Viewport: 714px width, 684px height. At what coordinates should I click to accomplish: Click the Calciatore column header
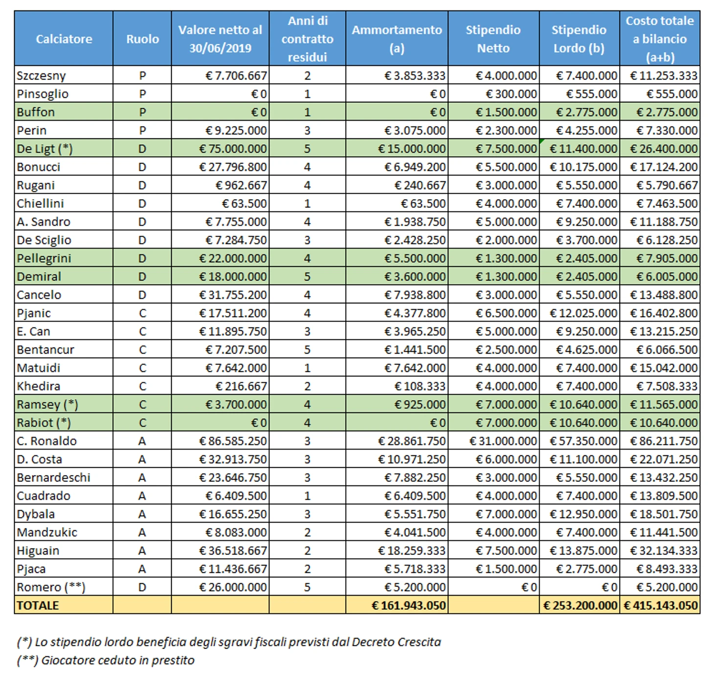(x=64, y=39)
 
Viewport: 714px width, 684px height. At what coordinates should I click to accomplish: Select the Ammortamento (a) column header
(x=397, y=39)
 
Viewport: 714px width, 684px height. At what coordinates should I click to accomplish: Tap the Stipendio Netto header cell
(x=493, y=39)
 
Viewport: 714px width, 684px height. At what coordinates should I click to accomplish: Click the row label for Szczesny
(x=41, y=76)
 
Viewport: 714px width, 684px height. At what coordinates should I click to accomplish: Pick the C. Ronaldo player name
(x=46, y=441)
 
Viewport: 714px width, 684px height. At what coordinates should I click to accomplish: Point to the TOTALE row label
(x=38, y=605)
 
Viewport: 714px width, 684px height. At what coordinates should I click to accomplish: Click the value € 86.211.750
(x=664, y=441)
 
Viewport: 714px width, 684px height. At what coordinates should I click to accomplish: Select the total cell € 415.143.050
(x=661, y=605)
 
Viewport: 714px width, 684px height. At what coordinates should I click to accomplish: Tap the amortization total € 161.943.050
(x=409, y=605)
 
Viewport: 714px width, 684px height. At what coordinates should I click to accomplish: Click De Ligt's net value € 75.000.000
(x=233, y=149)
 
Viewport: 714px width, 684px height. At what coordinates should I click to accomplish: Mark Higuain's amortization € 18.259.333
(x=412, y=551)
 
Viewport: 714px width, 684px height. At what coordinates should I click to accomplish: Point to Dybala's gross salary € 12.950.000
(x=583, y=514)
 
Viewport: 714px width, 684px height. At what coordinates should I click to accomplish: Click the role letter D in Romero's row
(x=142, y=587)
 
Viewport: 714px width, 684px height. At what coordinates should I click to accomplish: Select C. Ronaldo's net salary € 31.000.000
(x=503, y=441)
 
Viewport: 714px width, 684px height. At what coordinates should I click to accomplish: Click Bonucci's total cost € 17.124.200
(x=664, y=167)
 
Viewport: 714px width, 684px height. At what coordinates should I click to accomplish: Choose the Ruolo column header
(x=142, y=39)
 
